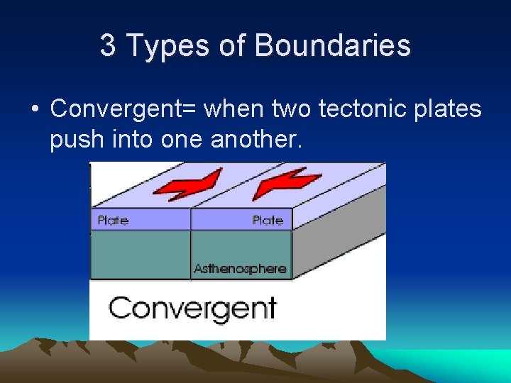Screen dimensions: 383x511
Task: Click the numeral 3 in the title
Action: click(x=107, y=46)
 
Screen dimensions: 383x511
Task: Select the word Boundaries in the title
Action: click(x=332, y=46)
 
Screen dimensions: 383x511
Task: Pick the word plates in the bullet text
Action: click(x=446, y=110)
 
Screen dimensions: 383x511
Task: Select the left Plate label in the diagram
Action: click(x=113, y=221)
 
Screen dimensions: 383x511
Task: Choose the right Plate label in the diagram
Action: click(x=268, y=221)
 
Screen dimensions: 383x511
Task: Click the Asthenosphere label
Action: click(x=240, y=269)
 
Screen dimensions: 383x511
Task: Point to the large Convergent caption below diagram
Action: click(x=192, y=309)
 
